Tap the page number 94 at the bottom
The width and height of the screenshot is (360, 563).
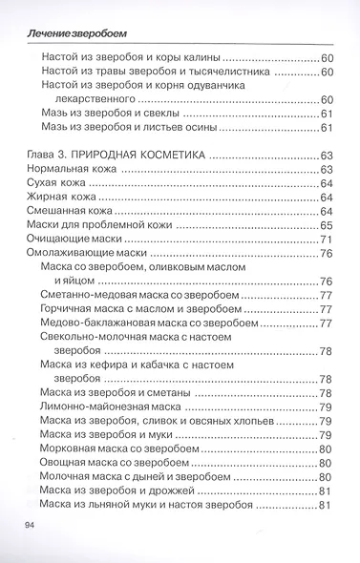(24, 526)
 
